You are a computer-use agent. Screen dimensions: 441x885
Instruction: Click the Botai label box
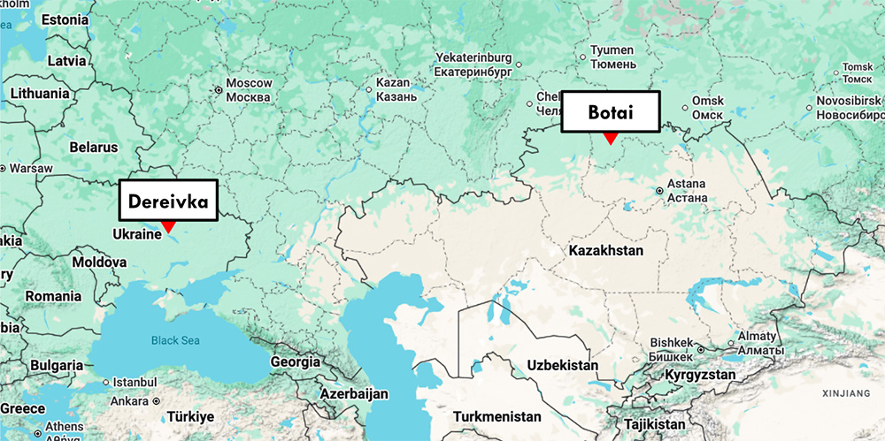612,111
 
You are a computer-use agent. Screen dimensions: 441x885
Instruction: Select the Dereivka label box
167,201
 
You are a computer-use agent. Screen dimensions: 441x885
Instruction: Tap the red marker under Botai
610,138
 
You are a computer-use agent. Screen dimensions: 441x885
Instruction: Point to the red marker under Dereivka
168,228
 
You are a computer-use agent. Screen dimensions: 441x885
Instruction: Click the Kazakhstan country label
606,251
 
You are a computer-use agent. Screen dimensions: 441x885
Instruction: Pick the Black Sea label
175,340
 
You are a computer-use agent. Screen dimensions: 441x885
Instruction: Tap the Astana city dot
659,190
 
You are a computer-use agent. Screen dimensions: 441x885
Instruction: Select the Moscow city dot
218,89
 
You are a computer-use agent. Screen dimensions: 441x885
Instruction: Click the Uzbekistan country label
562,365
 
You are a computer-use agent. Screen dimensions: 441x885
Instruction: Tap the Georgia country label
296,361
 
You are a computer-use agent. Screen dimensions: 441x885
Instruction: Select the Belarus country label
94,147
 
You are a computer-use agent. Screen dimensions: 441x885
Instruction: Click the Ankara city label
129,400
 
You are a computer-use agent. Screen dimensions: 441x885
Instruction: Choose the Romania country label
53,295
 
